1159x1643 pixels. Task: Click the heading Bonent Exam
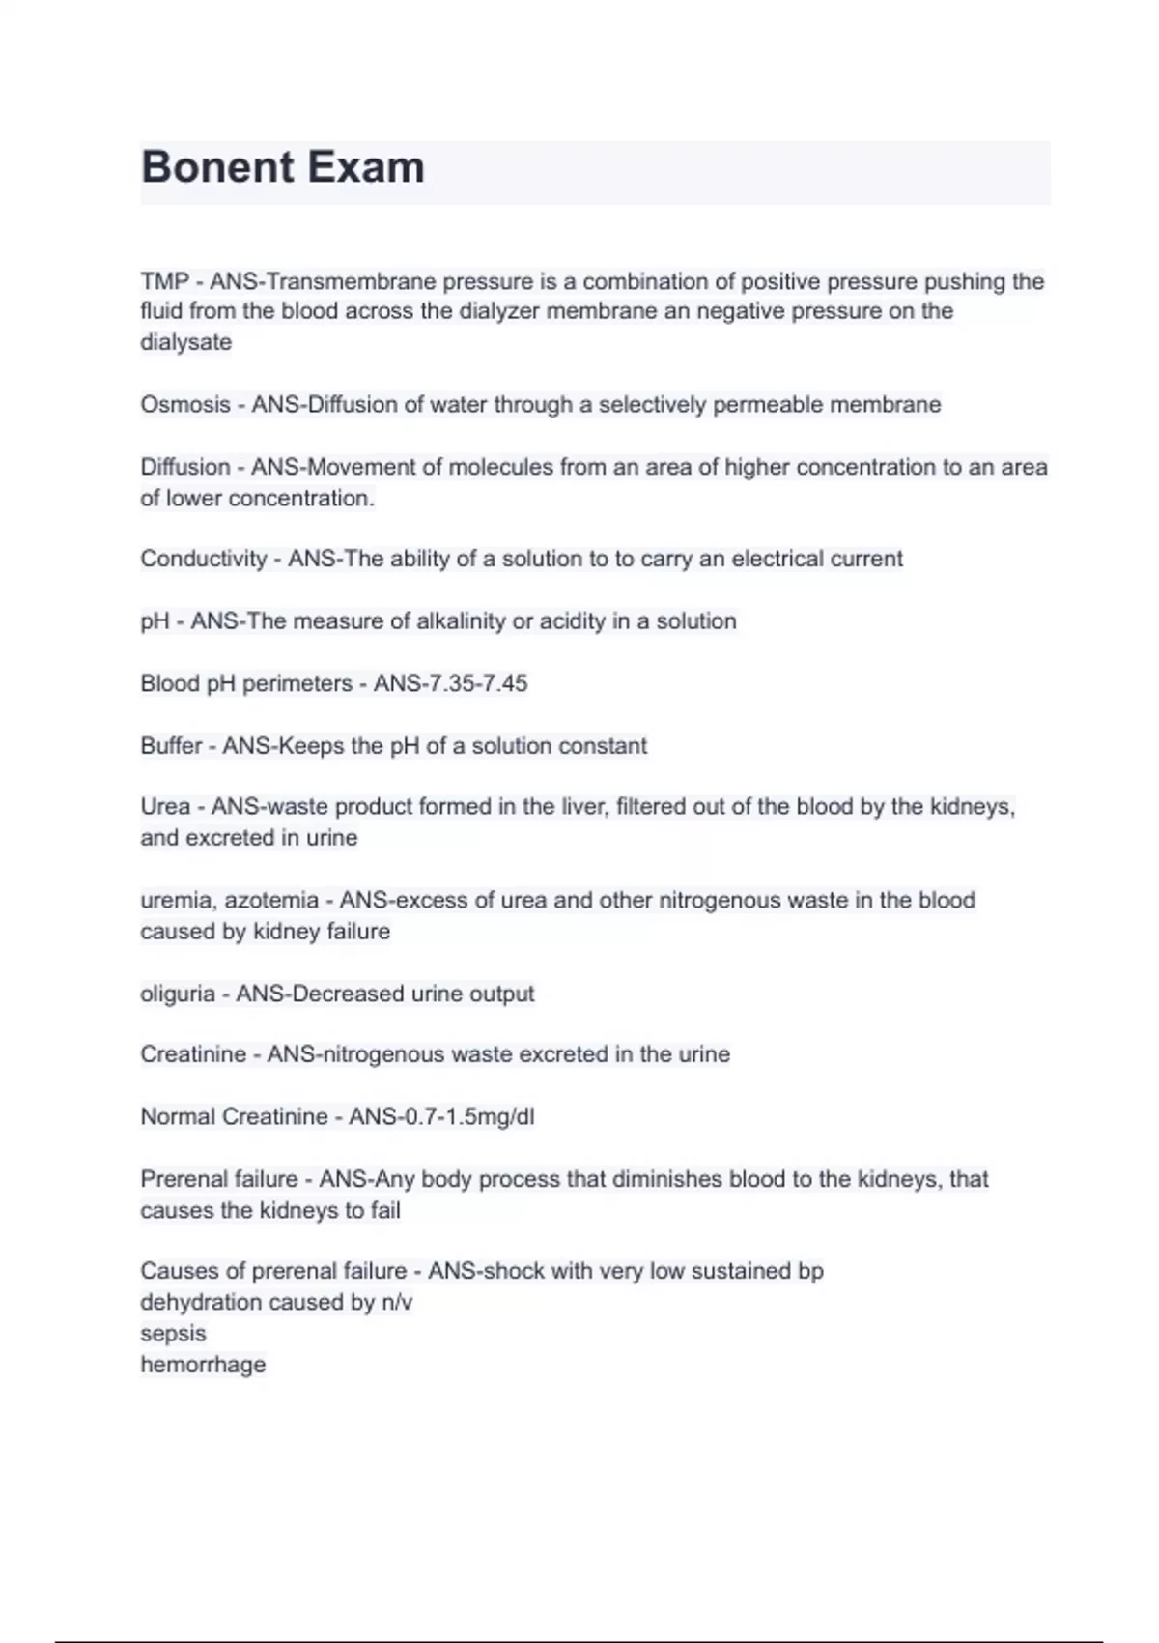coord(282,167)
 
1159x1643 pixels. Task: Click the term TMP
coord(164,281)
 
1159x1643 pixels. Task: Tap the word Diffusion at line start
coord(184,467)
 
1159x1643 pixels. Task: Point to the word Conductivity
coord(203,559)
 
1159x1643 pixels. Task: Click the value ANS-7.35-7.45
coord(450,683)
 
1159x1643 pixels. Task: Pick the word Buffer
coord(170,746)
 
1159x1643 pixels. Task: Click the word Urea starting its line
coord(164,807)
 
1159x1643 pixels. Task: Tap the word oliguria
coord(177,994)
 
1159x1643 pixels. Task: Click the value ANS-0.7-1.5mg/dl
coord(440,1117)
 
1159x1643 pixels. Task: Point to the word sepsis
coord(173,1334)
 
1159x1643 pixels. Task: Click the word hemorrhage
coord(203,1365)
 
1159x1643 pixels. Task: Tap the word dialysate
coord(185,342)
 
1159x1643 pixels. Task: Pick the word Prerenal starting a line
coord(181,1179)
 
